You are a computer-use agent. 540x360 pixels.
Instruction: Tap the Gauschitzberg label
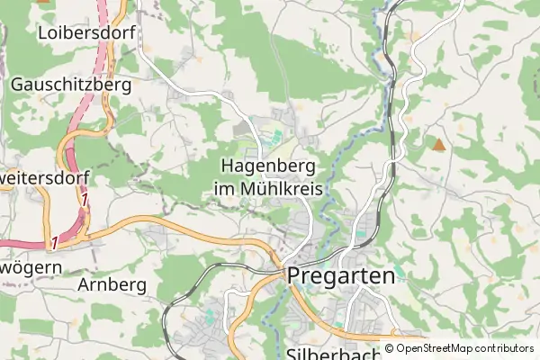(x=71, y=85)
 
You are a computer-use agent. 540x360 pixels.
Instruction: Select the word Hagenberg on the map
(x=267, y=166)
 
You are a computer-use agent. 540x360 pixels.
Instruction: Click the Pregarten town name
(x=342, y=276)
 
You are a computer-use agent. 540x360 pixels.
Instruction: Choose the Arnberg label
(x=112, y=284)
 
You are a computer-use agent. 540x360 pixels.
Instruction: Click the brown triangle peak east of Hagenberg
(x=438, y=144)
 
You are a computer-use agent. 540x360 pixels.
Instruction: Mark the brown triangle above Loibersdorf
(x=42, y=3)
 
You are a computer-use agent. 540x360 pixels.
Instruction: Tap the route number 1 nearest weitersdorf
(x=84, y=201)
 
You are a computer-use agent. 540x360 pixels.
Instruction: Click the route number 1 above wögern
(x=54, y=243)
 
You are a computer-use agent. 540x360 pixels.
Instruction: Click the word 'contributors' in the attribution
(x=505, y=348)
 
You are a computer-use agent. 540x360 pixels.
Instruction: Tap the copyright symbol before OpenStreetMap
(x=390, y=348)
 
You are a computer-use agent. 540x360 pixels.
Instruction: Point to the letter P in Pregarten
(x=294, y=276)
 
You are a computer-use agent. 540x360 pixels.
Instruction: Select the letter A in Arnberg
(x=85, y=284)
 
